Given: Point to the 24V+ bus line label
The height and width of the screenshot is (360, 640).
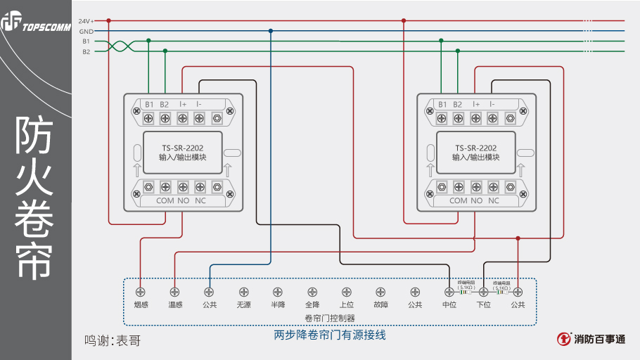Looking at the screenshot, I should tap(86, 21).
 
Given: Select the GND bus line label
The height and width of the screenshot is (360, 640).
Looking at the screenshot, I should tap(86, 32).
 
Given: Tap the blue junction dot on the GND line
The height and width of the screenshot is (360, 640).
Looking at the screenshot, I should tap(271, 31).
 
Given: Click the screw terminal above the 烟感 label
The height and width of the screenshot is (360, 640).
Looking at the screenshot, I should tap(141, 291).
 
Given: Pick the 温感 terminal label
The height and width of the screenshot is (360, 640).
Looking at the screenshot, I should tap(174, 304).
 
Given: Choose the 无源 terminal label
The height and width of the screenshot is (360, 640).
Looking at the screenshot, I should tap(243, 304).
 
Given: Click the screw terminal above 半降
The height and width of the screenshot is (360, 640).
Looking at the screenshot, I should tap(278, 291).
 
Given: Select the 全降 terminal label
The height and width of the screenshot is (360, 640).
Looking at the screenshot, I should tap(312, 304).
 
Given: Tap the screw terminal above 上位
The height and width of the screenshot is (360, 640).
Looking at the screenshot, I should tap(346, 291).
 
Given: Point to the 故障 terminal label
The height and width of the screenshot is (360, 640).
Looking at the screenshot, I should tap(380, 304).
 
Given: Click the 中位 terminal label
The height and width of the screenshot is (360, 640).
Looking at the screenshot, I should tap(449, 304).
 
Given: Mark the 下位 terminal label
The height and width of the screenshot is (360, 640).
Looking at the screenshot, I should tap(484, 304).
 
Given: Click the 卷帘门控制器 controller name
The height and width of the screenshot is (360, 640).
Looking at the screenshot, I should tap(329, 317).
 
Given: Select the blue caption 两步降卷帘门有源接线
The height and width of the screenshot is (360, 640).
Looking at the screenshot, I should tap(330, 335).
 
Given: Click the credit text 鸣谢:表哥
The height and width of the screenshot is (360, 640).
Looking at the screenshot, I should tap(113, 341).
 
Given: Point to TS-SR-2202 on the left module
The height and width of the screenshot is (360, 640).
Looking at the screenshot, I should tap(183, 148).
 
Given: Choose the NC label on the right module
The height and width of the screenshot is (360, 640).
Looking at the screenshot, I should tap(494, 200).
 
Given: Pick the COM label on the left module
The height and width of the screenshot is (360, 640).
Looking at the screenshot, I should tap(165, 200).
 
